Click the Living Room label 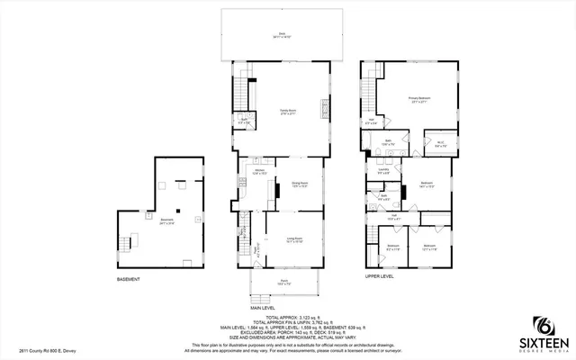point(293,241)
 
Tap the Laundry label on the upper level point(383,170)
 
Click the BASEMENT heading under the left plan point(129,279)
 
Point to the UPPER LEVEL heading point(380,276)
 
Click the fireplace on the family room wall point(322,112)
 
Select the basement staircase point(127,244)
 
